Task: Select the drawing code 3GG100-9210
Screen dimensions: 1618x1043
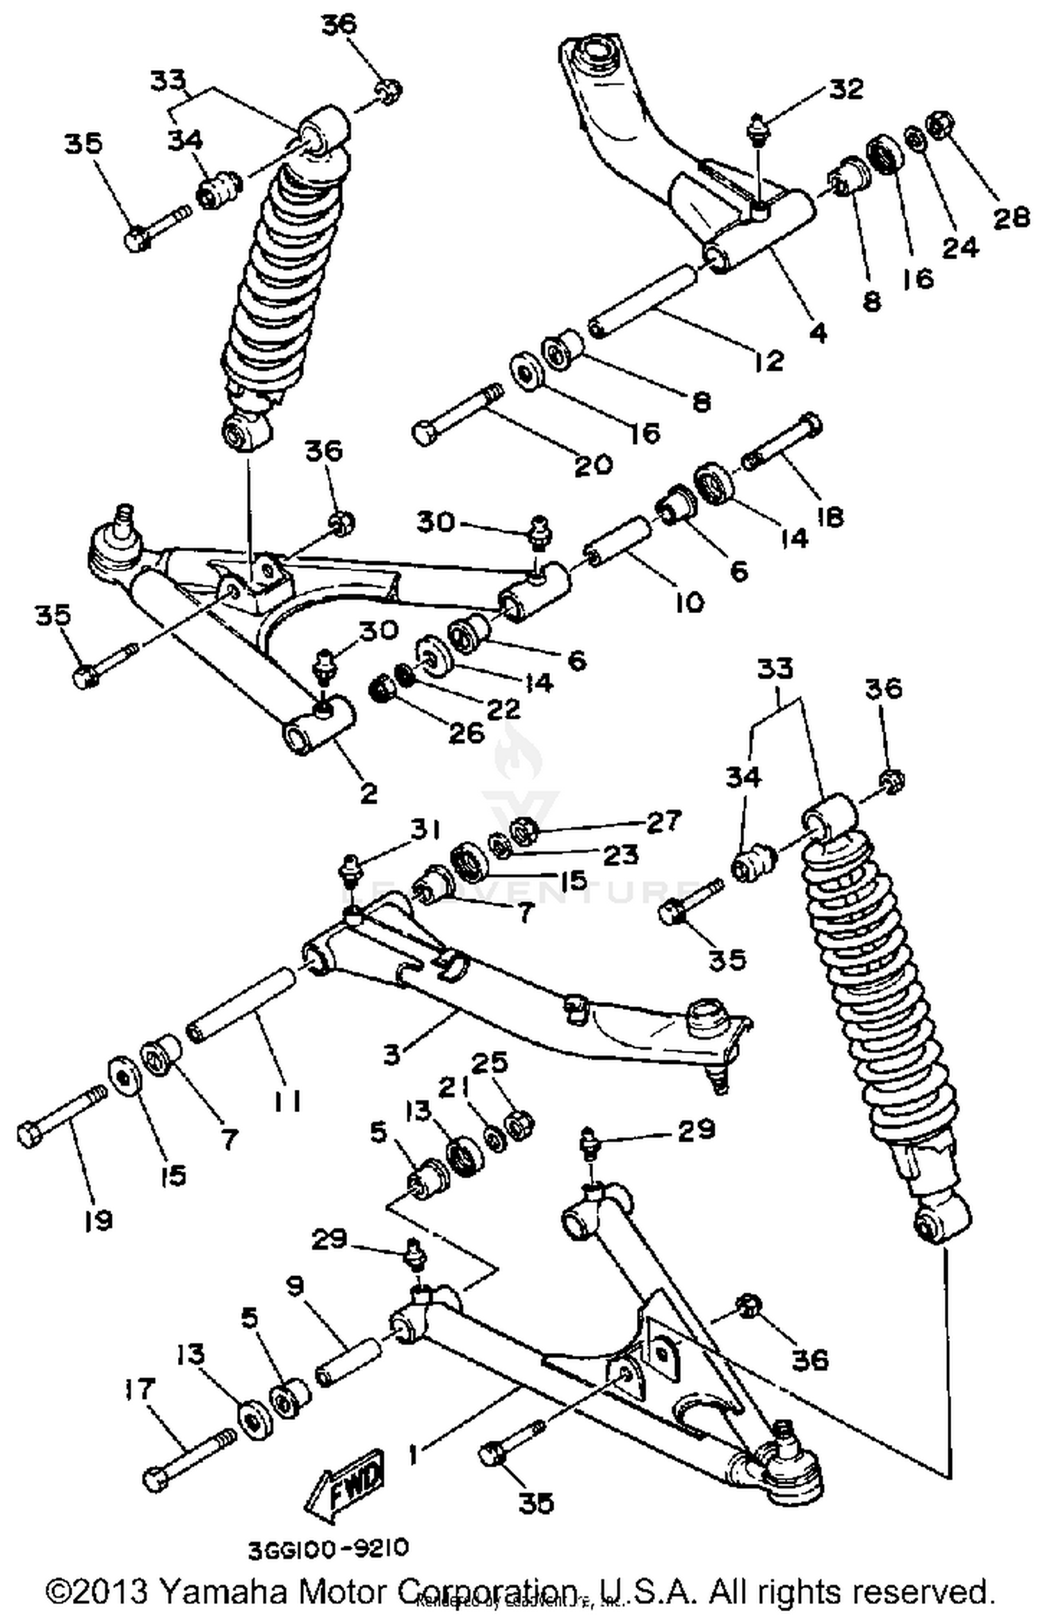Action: tap(328, 1548)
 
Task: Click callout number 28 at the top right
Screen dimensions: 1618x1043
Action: tap(1010, 218)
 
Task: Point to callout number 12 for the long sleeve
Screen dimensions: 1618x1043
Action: tap(768, 361)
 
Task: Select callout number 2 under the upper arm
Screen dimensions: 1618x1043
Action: tap(369, 793)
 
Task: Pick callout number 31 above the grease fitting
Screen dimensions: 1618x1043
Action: tap(423, 831)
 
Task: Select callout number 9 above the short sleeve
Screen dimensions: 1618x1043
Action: tap(295, 1286)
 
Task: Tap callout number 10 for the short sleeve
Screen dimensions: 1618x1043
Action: tap(689, 603)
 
